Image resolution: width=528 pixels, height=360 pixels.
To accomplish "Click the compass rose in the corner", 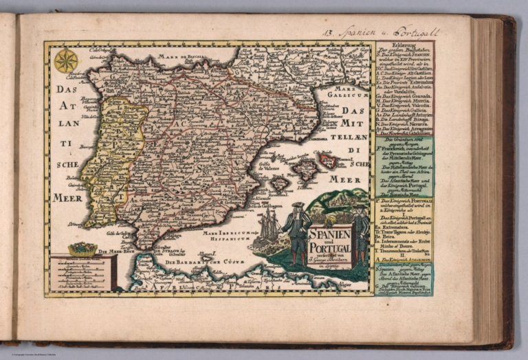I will (x=66, y=60).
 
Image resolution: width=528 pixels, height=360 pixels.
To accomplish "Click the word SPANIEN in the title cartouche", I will (x=329, y=234).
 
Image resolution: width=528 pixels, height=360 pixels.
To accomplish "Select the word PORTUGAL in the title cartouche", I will (x=329, y=248).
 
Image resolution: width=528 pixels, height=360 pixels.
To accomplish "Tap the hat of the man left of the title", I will (x=296, y=206).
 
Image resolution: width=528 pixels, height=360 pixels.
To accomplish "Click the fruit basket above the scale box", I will (x=82, y=248).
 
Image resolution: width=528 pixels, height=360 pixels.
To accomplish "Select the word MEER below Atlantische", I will (x=69, y=198).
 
